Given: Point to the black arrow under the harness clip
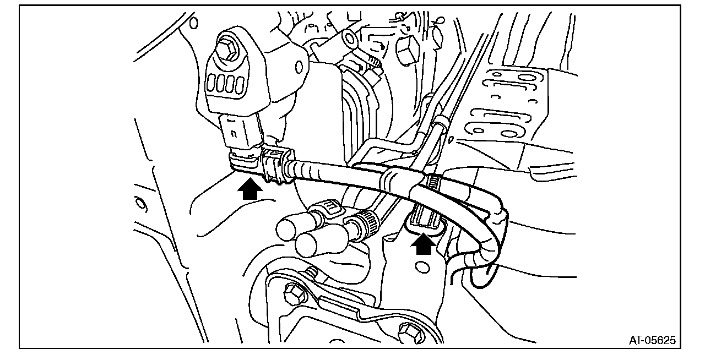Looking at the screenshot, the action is (x=423, y=244).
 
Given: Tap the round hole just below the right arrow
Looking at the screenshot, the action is (x=422, y=268).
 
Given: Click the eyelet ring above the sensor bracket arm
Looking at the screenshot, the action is (x=348, y=39).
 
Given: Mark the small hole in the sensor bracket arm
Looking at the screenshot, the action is (x=300, y=67).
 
